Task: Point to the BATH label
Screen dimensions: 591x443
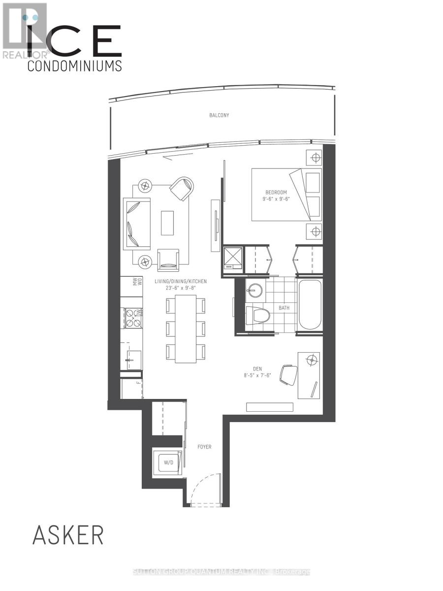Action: tap(284, 308)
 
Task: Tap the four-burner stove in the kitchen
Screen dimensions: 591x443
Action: tap(133, 317)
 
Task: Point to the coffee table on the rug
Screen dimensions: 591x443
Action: tap(167, 223)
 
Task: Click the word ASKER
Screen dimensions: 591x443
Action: tap(68, 535)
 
